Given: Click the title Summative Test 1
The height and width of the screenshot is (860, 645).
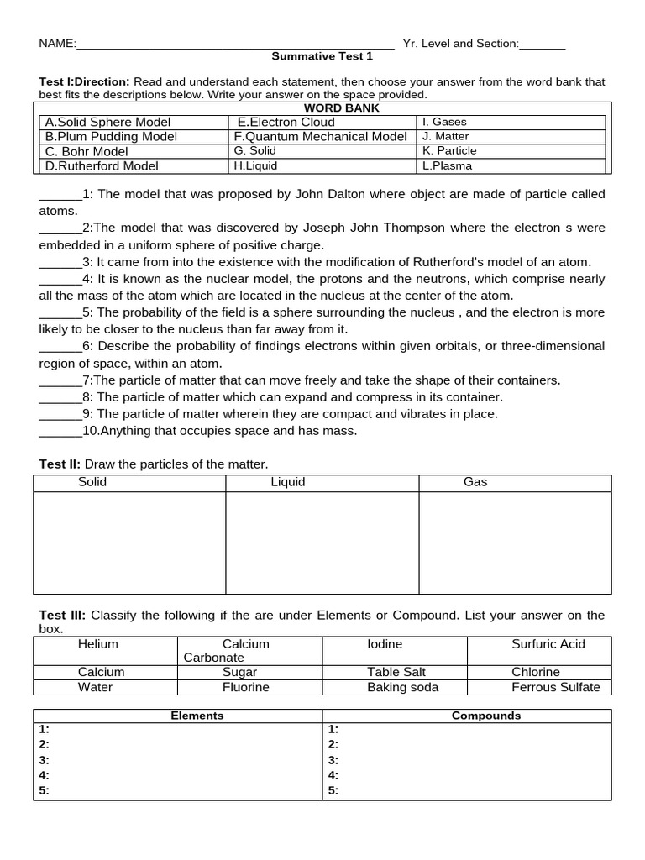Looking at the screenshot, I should tap(322, 56).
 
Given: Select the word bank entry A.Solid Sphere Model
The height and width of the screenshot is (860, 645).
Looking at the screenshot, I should tap(107, 123).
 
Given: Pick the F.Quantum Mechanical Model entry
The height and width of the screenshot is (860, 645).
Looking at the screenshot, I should tap(320, 137).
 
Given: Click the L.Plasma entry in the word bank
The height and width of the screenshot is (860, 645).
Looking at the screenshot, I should tap(447, 166).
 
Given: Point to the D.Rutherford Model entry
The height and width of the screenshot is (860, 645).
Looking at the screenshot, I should tap(102, 166).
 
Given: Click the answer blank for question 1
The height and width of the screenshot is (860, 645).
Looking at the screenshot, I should tap(60, 195).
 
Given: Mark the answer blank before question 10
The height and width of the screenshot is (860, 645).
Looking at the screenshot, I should tap(60, 431).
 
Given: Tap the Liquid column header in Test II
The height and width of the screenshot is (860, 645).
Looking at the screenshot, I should tap(287, 483).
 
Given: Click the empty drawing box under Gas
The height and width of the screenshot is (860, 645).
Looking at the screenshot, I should tap(515, 543).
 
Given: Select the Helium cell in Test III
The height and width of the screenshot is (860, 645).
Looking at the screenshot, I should tap(98, 644).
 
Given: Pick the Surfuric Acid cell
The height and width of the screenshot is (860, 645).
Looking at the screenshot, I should tap(548, 644).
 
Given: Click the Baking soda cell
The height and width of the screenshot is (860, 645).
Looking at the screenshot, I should tap(402, 687).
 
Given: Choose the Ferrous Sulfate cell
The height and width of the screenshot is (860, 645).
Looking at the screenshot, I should tap(556, 687).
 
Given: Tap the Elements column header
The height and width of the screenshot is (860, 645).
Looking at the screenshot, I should tap(197, 716).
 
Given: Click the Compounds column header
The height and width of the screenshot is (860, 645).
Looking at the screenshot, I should tap(486, 716).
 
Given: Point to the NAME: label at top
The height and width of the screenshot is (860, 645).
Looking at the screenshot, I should tap(58, 44).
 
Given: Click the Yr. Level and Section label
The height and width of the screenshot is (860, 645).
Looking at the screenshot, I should tap(460, 44).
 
